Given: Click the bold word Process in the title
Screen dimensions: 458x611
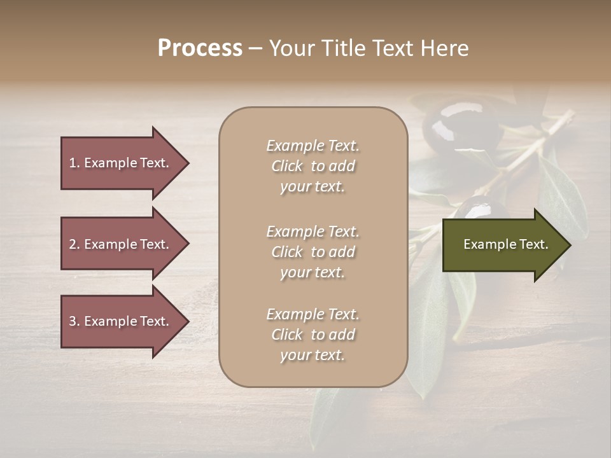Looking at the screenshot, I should pyautogui.click(x=200, y=48).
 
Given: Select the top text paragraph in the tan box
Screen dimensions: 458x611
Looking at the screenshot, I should pyautogui.click(x=313, y=166).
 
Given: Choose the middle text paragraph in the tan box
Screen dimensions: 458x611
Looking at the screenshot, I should pyautogui.click(x=313, y=252).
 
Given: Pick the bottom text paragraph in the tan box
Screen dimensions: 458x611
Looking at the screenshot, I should pyautogui.click(x=313, y=335).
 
